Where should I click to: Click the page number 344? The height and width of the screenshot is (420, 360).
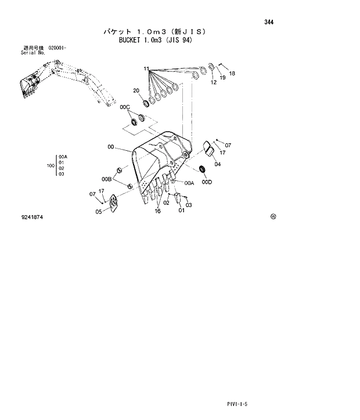click(x=268, y=22)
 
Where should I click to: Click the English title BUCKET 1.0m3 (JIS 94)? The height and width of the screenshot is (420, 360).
click(x=155, y=41)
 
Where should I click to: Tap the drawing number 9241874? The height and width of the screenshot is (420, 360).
click(x=32, y=217)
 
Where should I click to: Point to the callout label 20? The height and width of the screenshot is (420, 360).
click(x=136, y=90)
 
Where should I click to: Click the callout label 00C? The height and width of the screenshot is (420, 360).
click(x=124, y=107)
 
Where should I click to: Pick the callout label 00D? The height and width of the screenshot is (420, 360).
click(x=207, y=182)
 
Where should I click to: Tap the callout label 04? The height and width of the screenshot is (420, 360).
click(x=217, y=164)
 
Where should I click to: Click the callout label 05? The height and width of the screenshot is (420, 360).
click(x=99, y=212)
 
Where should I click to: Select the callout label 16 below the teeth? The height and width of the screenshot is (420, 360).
click(x=157, y=212)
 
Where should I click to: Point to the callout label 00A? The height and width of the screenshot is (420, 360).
click(x=189, y=183)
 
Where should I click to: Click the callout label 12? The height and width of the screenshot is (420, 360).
click(x=214, y=83)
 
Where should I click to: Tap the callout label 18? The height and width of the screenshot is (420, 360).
click(x=232, y=74)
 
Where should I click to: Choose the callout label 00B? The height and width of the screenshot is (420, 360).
click(x=106, y=179)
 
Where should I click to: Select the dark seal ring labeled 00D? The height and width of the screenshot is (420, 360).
click(x=202, y=169)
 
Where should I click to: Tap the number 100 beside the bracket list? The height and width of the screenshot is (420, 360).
click(x=50, y=165)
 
